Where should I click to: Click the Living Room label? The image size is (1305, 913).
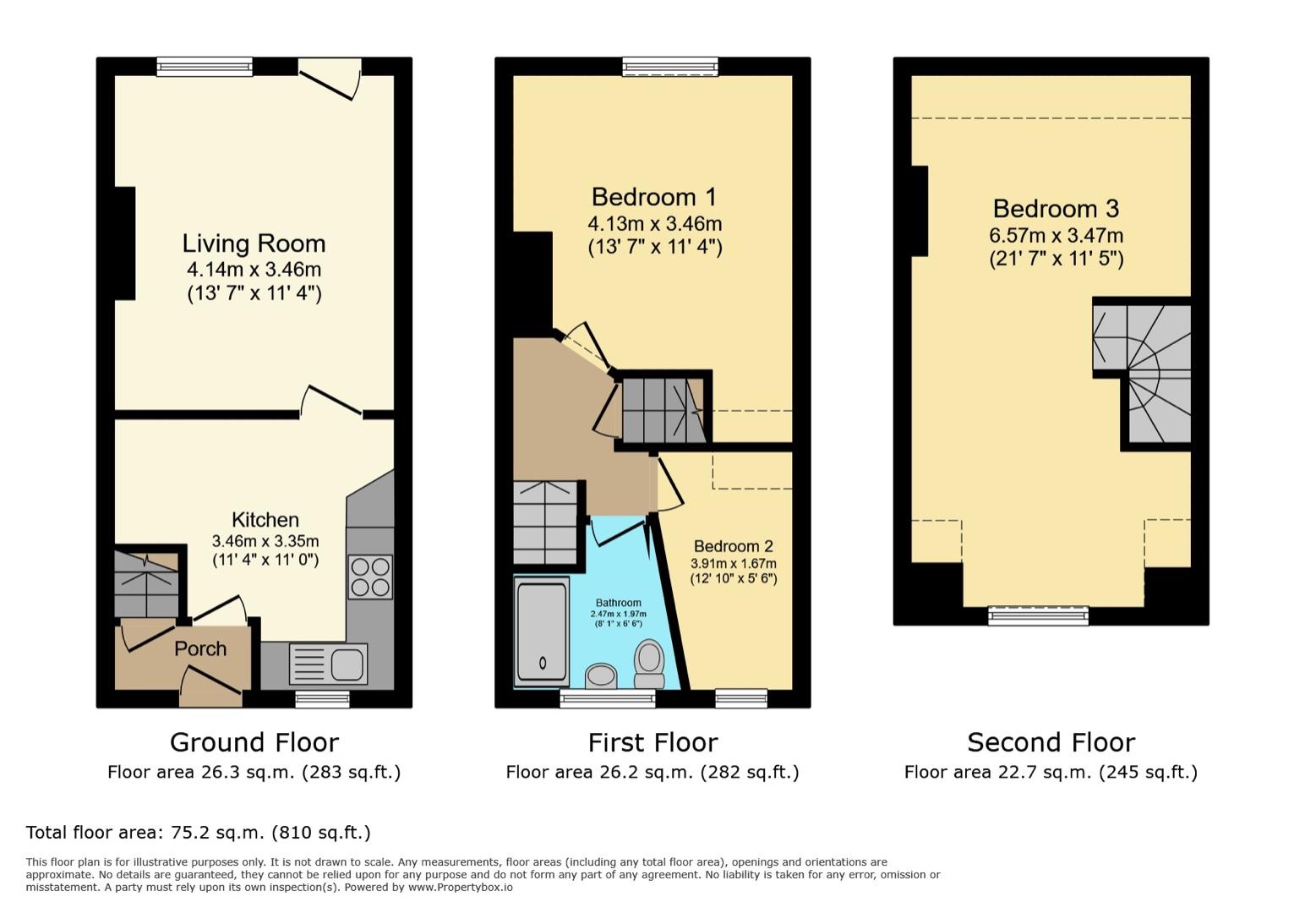click(254, 243)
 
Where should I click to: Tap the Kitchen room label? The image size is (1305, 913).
click(265, 520)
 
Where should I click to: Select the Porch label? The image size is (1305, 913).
click(200, 648)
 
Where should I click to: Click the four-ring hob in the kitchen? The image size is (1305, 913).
click(370, 577)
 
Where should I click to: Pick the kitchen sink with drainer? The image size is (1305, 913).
click(328, 664)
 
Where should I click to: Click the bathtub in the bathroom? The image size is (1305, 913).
click(542, 631)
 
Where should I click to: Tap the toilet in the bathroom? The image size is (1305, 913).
click(649, 664)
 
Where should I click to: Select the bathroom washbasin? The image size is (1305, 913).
click(601, 675)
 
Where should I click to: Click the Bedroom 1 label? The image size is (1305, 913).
click(653, 197)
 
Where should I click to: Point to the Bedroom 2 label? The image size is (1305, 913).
click(733, 546)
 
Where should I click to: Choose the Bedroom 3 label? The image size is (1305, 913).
click(1056, 208)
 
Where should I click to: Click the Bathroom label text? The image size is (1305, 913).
click(618, 603)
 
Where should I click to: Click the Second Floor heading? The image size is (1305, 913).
click(1051, 742)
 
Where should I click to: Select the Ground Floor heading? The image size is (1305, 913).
click(254, 742)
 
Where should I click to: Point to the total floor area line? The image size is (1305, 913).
click(199, 833)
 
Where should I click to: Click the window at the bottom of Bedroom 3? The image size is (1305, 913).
click(1038, 615)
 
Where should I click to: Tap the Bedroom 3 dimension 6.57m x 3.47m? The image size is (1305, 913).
click(1056, 236)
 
